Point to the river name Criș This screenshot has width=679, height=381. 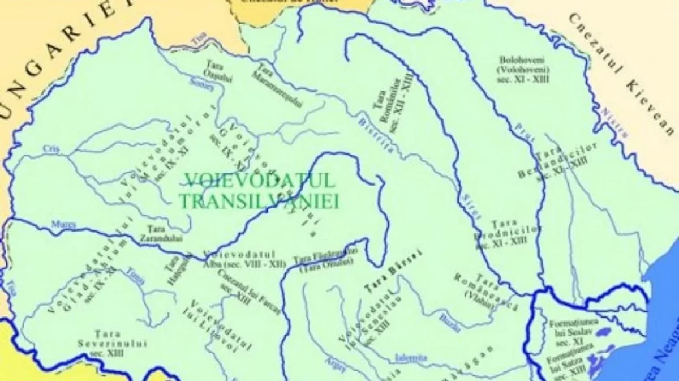click(x=51, y=148)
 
